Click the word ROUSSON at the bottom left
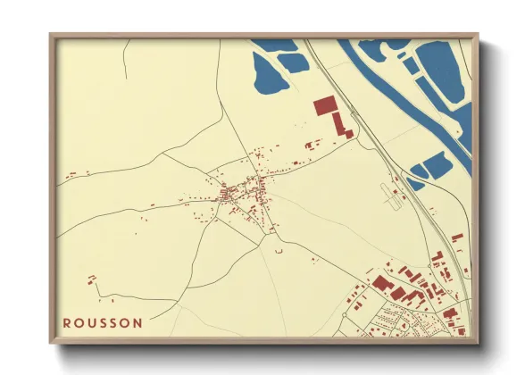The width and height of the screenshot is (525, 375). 102,323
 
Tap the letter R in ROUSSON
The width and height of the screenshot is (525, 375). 67,323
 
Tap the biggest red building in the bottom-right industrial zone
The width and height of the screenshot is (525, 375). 383,283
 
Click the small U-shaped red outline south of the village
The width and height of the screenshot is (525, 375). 279,253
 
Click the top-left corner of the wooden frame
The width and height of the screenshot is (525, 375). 51,36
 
